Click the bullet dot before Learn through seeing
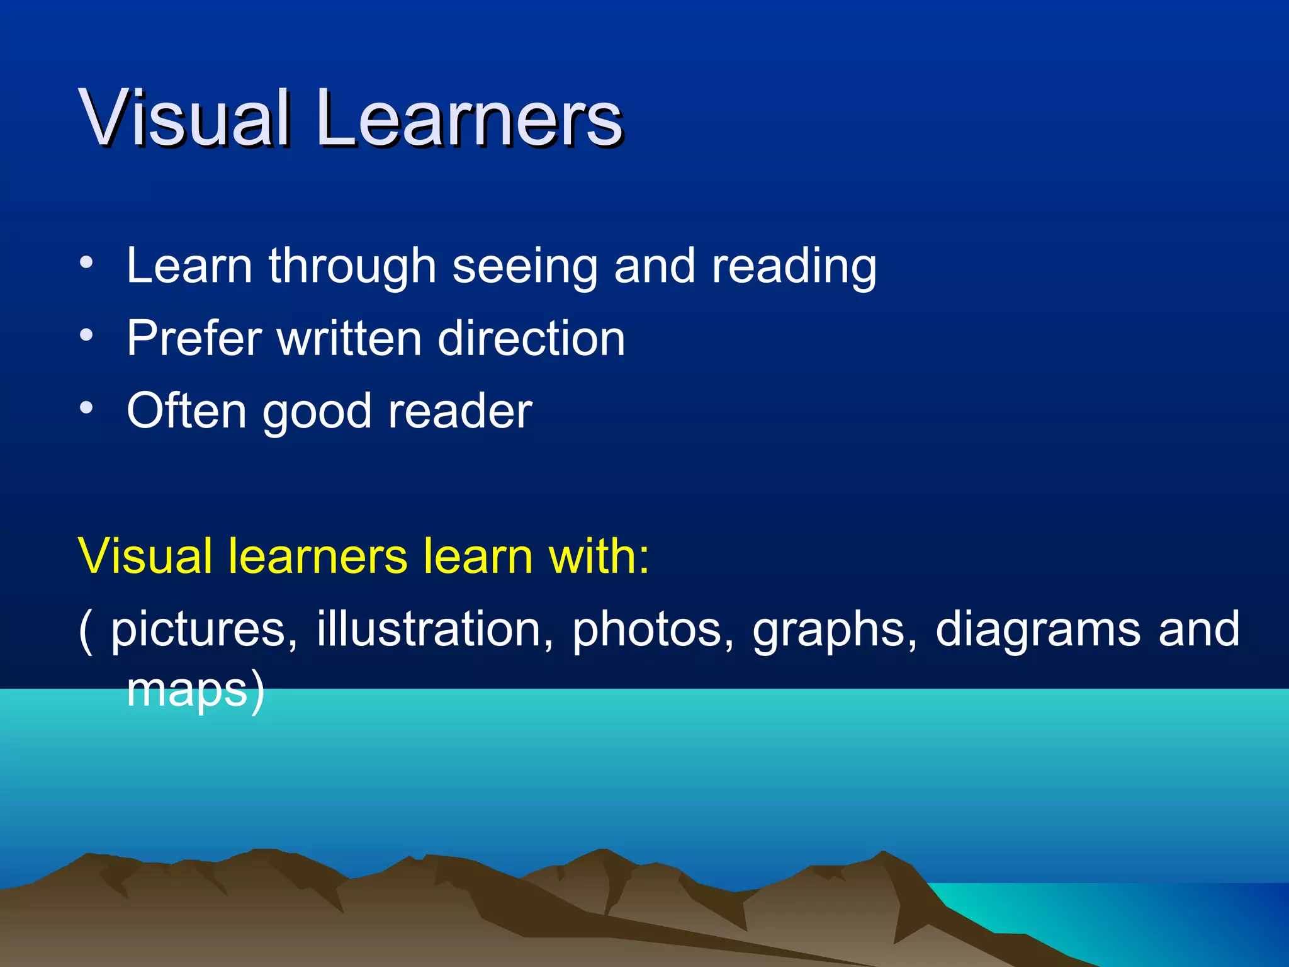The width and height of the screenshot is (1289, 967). click(86, 262)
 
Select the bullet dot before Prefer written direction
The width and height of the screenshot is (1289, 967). click(86, 334)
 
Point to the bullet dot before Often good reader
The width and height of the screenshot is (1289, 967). click(86, 407)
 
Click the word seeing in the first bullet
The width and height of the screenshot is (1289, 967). click(525, 267)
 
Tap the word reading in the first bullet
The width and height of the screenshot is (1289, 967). click(794, 267)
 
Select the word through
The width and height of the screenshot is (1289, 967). click(352, 267)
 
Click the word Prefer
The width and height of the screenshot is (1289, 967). click(194, 339)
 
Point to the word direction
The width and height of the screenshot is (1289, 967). click(531, 339)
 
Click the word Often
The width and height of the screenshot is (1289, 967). click(187, 412)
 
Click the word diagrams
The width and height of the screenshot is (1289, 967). click(1038, 630)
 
